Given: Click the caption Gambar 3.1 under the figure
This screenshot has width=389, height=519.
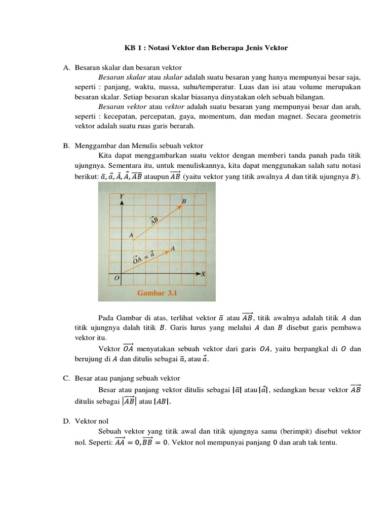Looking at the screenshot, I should click(157, 293).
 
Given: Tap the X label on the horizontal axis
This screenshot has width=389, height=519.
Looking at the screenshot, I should click(203, 274).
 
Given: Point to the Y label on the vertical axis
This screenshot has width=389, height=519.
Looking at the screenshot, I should click(122, 196).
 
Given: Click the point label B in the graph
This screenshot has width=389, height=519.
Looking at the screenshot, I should click(184, 202).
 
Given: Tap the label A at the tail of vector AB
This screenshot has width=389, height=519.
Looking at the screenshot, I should click(131, 236).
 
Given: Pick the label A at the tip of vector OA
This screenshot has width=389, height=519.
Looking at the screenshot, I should click(173, 249).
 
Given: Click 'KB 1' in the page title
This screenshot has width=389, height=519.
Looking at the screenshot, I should click(134, 48).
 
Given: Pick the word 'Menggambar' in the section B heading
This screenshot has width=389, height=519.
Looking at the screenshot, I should click(94, 145).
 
